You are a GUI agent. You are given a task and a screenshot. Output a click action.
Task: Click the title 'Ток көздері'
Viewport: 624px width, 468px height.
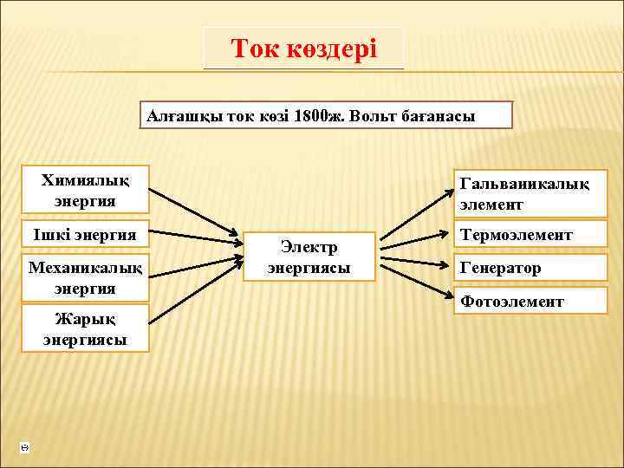[x=303, y=49]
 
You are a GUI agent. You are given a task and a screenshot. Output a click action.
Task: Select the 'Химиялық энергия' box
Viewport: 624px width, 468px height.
[x=85, y=190]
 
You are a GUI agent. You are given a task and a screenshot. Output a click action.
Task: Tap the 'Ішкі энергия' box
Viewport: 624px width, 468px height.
[x=85, y=234]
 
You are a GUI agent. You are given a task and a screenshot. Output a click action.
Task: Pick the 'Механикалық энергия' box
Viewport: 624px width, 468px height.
[x=85, y=276]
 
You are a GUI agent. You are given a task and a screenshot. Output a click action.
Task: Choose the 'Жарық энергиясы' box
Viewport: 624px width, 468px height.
[x=85, y=328]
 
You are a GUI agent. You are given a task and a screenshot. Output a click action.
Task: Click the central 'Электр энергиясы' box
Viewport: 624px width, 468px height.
[x=309, y=257]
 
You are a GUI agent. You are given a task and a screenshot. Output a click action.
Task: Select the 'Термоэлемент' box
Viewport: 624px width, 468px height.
[x=530, y=235]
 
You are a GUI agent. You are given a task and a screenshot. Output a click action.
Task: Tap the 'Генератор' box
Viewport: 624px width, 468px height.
[x=530, y=268]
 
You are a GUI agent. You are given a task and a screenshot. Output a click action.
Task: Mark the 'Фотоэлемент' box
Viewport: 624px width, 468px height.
[x=530, y=301]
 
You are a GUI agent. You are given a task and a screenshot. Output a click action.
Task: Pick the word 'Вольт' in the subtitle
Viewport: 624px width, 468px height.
[x=374, y=115]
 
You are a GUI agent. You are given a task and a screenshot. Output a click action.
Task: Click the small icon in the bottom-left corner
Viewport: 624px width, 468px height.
[x=24, y=447]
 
